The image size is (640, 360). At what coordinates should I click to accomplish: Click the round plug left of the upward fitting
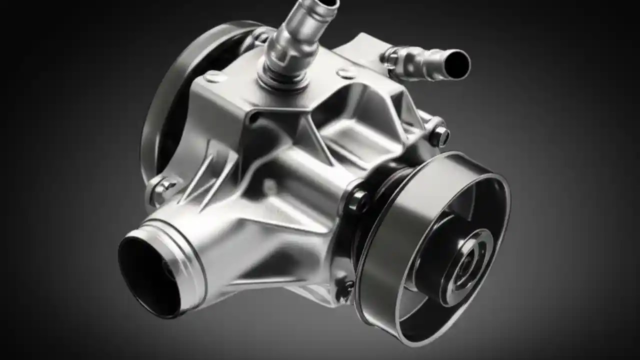[x=214, y=76]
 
